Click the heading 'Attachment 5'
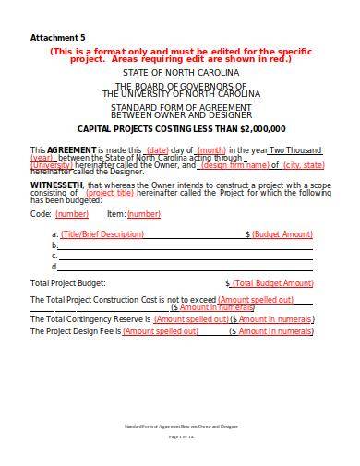52,37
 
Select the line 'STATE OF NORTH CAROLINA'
181,71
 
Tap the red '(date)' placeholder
158,149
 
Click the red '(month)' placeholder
211,149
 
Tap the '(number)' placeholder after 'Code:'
72,213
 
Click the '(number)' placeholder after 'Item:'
143,213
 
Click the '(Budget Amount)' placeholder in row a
282,234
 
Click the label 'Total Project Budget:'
68,282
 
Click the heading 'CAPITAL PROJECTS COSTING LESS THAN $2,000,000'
181,128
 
